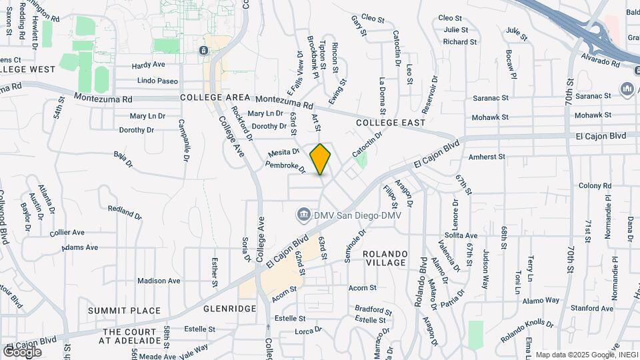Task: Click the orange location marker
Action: pos(321,159)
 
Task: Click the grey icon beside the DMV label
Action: pos(303,215)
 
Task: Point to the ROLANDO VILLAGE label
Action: pos(394,258)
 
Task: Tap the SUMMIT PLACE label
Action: pos(125,311)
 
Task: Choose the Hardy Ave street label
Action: pos(148,65)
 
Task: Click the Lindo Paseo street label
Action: pos(157,81)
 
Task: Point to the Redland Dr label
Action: pos(125,212)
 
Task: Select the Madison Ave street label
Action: pos(159,281)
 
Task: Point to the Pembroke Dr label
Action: pos(285,167)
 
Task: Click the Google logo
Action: pos(23,351)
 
